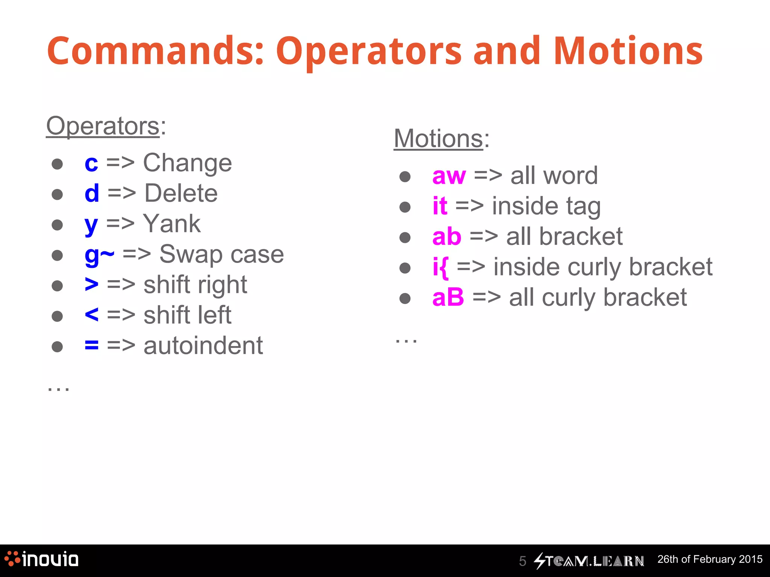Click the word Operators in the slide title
(368, 52)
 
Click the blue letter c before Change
(91, 164)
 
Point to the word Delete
(181, 193)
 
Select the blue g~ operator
(99, 255)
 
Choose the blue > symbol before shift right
(92, 285)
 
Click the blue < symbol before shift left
(92, 315)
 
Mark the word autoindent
(203, 346)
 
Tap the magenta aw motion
(449, 176)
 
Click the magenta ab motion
(447, 237)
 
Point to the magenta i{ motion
(440, 267)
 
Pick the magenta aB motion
(448, 298)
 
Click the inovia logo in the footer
(41, 559)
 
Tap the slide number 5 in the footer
(522, 561)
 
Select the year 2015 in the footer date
(750, 559)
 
